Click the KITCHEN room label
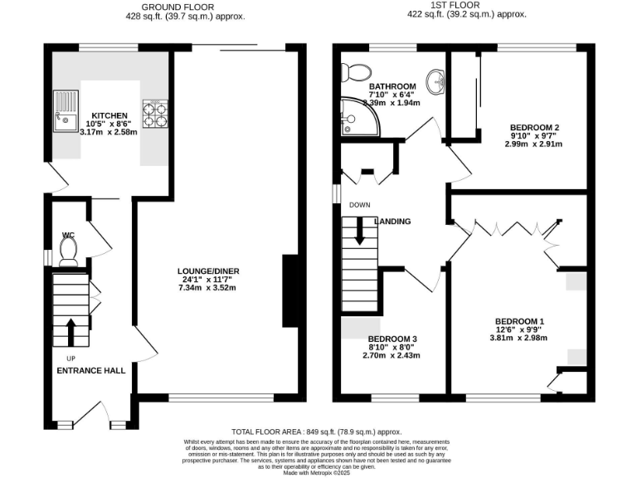pos(109,115)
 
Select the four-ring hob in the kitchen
pos(155,113)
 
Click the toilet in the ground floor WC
pos(69,250)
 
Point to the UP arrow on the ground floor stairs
pos(71,331)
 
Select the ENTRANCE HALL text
pos(90,370)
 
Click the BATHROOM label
pos(391,86)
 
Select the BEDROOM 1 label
pos(519,321)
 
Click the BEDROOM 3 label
pos(391,339)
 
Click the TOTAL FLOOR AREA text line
pos(316,432)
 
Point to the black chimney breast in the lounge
pos(291,291)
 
